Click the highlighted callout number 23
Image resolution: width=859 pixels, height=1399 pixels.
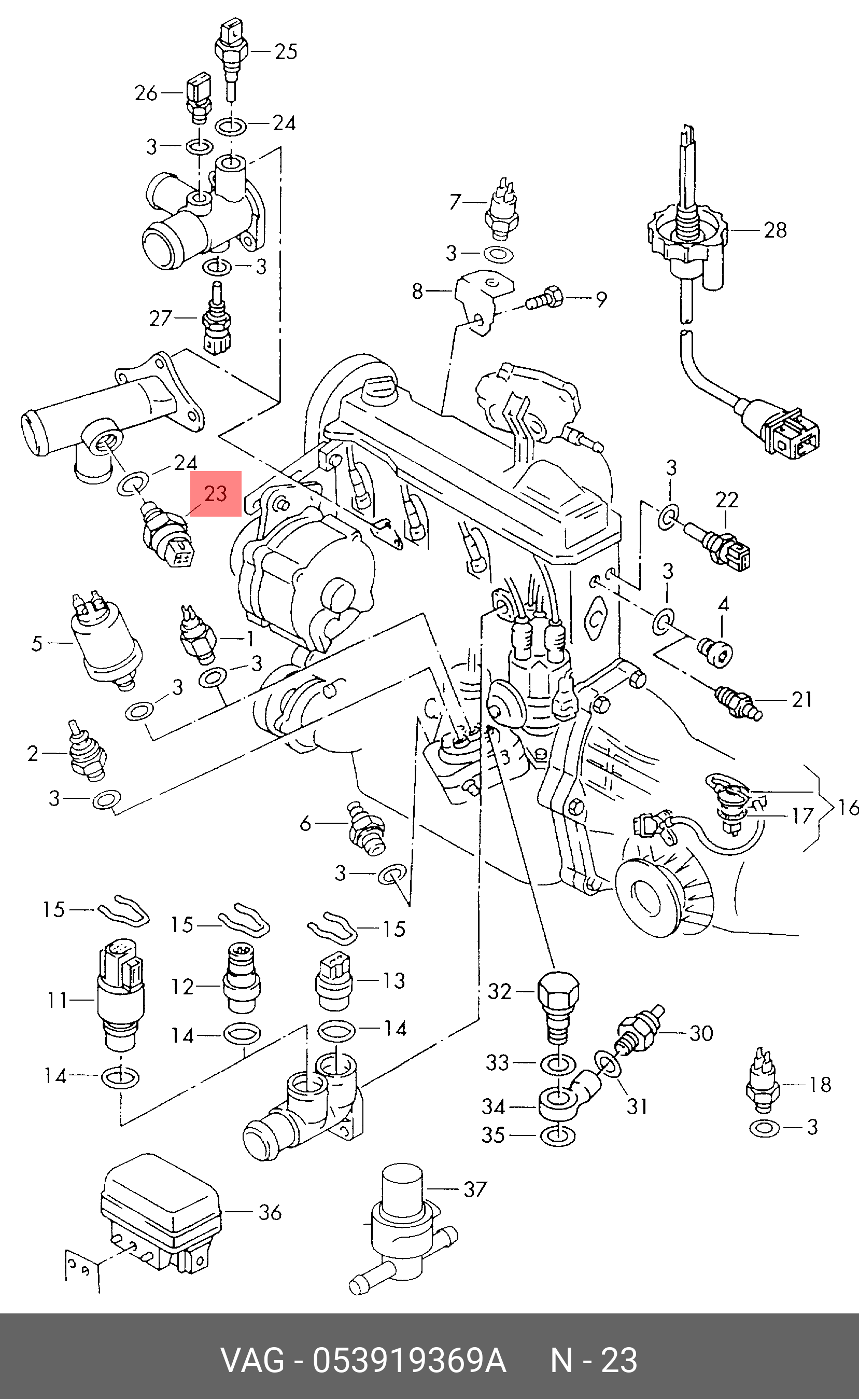215,493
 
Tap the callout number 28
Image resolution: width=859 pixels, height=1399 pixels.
775,230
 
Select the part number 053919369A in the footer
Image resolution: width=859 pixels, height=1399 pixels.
409,1360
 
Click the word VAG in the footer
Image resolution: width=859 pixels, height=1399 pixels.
252,1360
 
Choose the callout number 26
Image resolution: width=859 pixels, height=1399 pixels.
146,93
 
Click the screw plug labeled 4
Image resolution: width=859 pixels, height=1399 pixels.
716,650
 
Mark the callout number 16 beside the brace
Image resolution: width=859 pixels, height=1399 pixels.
848,807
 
